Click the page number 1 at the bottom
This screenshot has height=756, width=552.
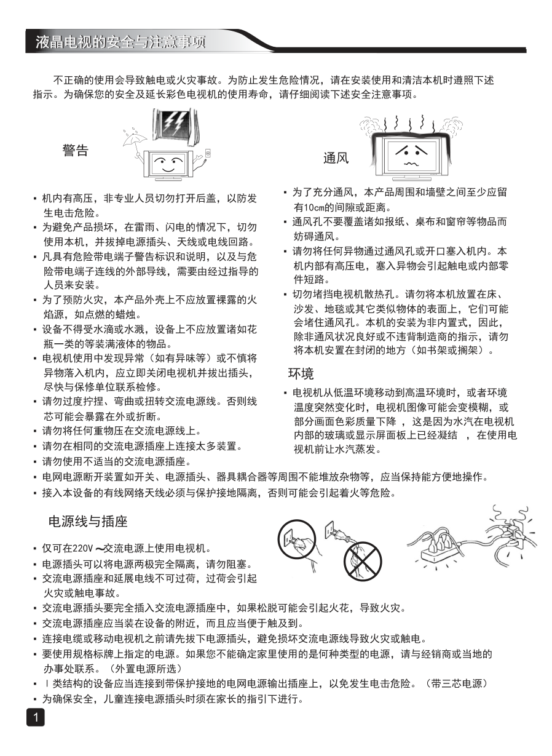tap(36, 717)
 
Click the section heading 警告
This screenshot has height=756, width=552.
tap(75, 151)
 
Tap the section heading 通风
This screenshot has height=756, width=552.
tap(336, 158)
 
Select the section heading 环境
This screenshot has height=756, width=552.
tap(301, 373)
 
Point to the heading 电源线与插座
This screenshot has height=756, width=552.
tap(88, 522)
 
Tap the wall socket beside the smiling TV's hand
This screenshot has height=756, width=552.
tap(208, 153)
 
